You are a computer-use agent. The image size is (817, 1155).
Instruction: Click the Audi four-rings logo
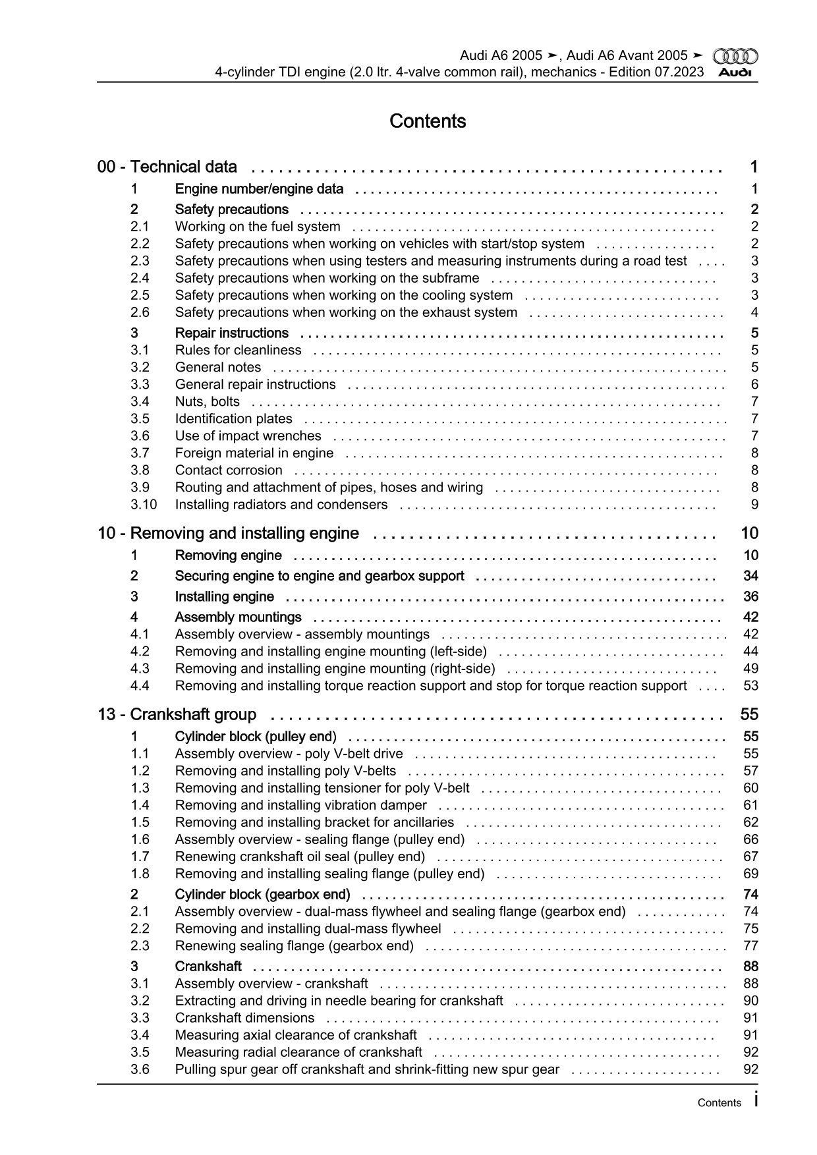[735, 57]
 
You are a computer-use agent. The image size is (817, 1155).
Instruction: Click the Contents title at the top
[428, 121]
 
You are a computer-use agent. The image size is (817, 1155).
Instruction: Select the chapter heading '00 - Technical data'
[167, 167]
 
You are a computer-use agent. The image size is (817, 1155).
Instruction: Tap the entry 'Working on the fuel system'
[258, 227]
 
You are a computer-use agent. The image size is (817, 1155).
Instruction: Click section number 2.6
[140, 312]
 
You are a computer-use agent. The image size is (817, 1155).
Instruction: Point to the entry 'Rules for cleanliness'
[238, 350]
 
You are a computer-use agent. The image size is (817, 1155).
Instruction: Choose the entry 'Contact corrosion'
[229, 470]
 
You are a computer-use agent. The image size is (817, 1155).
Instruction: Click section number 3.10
[144, 504]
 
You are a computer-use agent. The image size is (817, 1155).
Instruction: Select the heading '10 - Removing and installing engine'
[228, 533]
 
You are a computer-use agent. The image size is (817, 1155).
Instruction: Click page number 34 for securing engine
[750, 576]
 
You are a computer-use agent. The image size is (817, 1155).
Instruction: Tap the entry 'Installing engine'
[224, 596]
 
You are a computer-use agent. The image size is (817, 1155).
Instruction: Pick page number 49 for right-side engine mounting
[750, 668]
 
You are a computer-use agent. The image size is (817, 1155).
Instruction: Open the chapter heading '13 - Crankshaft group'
[177, 714]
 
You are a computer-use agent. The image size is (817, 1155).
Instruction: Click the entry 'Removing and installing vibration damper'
[300, 804]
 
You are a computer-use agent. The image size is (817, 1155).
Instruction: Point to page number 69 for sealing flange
[750, 874]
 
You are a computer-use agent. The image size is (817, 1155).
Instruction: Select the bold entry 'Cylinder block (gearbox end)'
[262, 894]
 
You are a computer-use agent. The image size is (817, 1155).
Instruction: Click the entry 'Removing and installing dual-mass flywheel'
[308, 928]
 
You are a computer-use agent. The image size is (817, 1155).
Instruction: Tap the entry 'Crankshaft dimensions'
[244, 1017]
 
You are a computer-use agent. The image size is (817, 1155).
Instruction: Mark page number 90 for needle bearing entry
[750, 1000]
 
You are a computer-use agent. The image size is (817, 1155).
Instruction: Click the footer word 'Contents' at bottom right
[719, 1102]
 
